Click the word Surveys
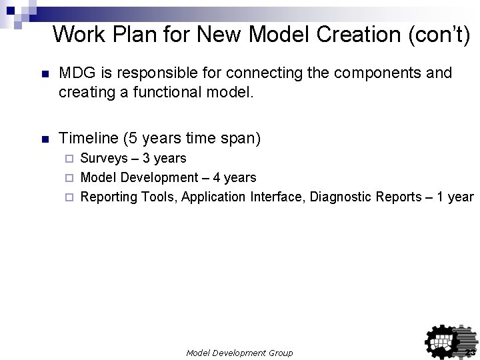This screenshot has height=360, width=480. [102, 159]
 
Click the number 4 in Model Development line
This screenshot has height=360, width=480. [215, 178]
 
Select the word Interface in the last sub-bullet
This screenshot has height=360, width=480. [275, 197]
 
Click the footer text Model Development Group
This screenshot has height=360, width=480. [239, 352]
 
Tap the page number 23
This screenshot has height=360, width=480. [470, 352]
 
